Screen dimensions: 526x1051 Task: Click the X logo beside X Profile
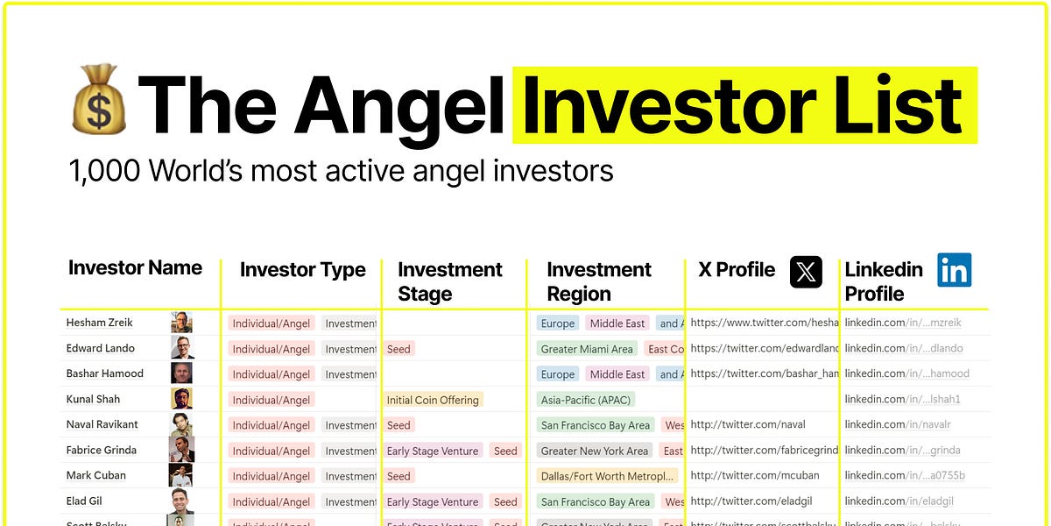coord(806,272)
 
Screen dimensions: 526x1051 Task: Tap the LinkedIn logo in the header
coord(954,270)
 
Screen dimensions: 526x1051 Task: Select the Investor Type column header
coord(302,270)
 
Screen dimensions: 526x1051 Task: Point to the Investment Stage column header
coord(450,281)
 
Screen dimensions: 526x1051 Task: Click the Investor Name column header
coord(135,267)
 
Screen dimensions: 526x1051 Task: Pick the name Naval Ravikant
coord(102,424)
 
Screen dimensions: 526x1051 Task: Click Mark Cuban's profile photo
coord(181,475)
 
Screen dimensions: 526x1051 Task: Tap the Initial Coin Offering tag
coord(433,400)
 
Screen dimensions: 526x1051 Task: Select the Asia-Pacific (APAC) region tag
coord(586,400)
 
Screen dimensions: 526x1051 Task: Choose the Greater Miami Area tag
coord(587,349)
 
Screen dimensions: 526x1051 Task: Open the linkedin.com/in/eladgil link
coord(899,501)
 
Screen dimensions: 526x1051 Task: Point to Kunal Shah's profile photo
coord(181,399)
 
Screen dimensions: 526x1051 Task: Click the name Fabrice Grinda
coord(102,450)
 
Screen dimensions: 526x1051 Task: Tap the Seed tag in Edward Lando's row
coord(399,349)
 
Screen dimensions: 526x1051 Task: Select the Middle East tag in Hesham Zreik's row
coord(617,323)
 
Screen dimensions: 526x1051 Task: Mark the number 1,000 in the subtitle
coord(104,170)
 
